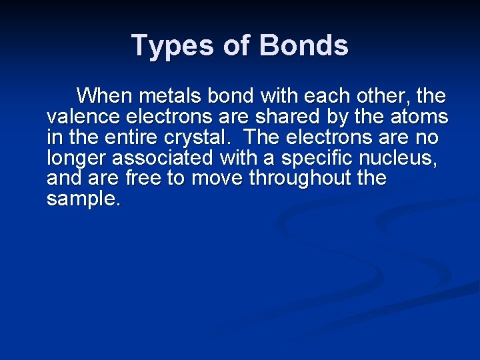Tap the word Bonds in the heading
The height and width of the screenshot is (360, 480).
tap(303, 46)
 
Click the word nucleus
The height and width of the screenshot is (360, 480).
tap(407, 159)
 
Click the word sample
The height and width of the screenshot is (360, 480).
tap(83, 199)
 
